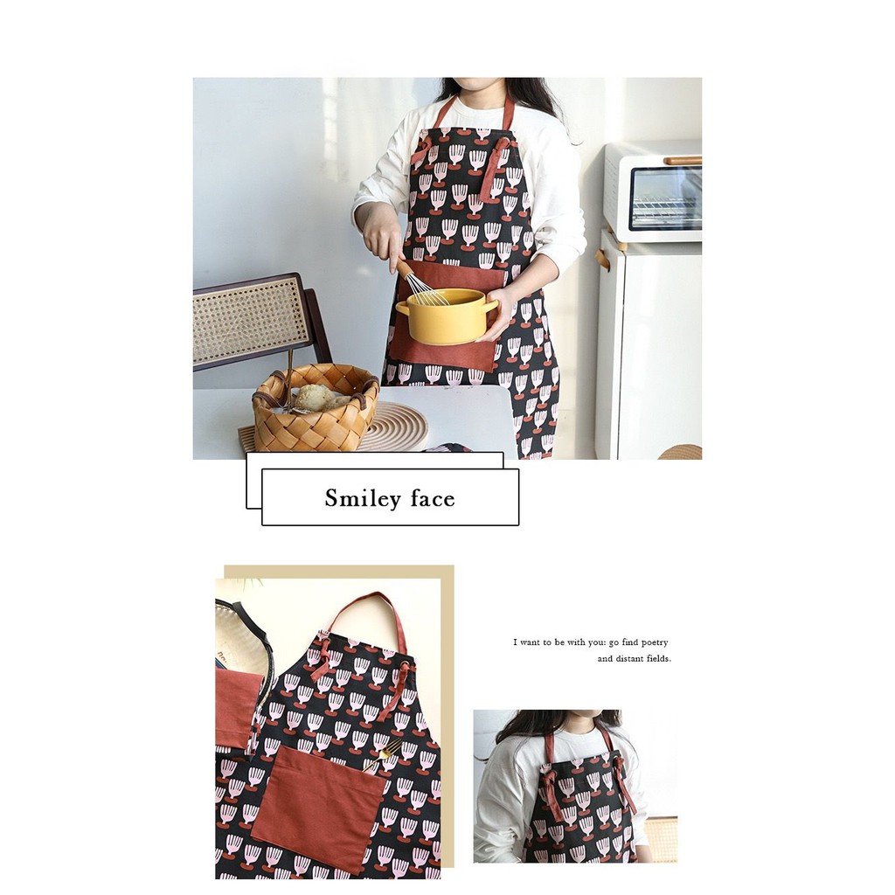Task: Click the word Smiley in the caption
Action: click(x=363, y=498)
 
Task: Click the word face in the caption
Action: click(x=433, y=498)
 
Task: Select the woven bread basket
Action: click(x=315, y=407)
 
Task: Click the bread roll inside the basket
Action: click(x=316, y=397)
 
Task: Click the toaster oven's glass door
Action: click(x=665, y=198)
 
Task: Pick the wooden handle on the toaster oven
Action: click(x=683, y=161)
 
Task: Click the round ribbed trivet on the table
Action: click(x=395, y=427)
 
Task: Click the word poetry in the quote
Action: click(x=647, y=642)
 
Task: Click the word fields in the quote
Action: click(x=659, y=659)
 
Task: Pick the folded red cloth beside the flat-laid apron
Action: click(x=235, y=708)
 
